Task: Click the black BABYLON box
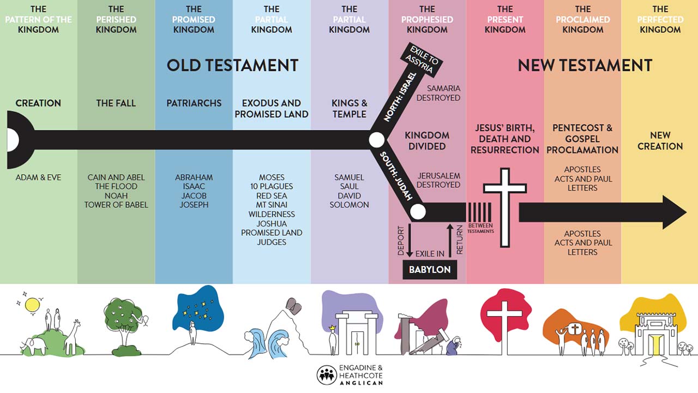(430, 270)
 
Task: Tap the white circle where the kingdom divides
(376, 140)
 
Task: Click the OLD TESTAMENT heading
(232, 65)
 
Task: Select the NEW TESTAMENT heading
(585, 65)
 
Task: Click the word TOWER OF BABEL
(116, 205)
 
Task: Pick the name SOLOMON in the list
(349, 205)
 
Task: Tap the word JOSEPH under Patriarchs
(194, 205)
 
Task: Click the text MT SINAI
(272, 205)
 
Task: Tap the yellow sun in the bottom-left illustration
(32, 305)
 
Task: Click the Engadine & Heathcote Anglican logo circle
(327, 375)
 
